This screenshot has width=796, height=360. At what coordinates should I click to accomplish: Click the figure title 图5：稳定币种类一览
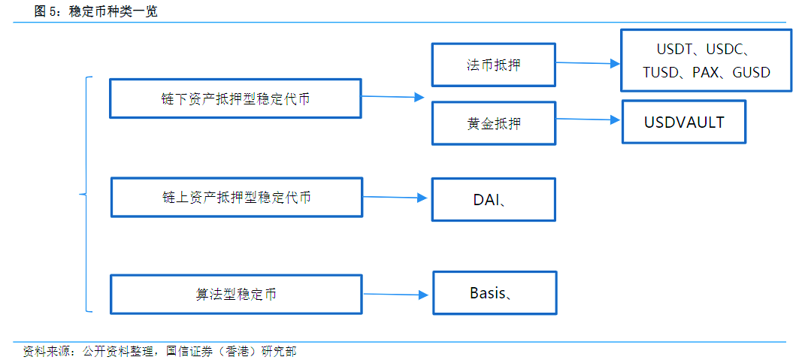coord(96,11)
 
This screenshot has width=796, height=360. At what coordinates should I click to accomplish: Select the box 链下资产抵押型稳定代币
coord(235,98)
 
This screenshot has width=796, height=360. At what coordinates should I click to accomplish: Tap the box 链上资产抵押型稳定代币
coord(236,198)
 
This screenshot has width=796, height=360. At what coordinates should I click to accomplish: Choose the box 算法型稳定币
coord(236,294)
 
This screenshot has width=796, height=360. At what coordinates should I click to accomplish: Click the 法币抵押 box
coord(493,65)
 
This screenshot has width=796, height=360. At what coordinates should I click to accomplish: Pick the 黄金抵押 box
coord(493,123)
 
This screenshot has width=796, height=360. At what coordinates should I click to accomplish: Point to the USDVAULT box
coord(683,122)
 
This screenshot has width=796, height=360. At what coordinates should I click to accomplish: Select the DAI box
coord(493,199)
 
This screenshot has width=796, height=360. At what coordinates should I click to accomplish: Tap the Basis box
coord(494,293)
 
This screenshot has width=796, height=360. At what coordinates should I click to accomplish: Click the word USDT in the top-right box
coord(673,50)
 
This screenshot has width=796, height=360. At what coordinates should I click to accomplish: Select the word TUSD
coord(661,73)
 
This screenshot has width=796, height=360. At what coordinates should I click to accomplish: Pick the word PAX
coord(705,73)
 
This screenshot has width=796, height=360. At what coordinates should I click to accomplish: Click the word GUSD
coord(751,73)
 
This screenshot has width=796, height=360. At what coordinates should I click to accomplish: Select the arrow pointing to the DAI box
coord(395,198)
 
